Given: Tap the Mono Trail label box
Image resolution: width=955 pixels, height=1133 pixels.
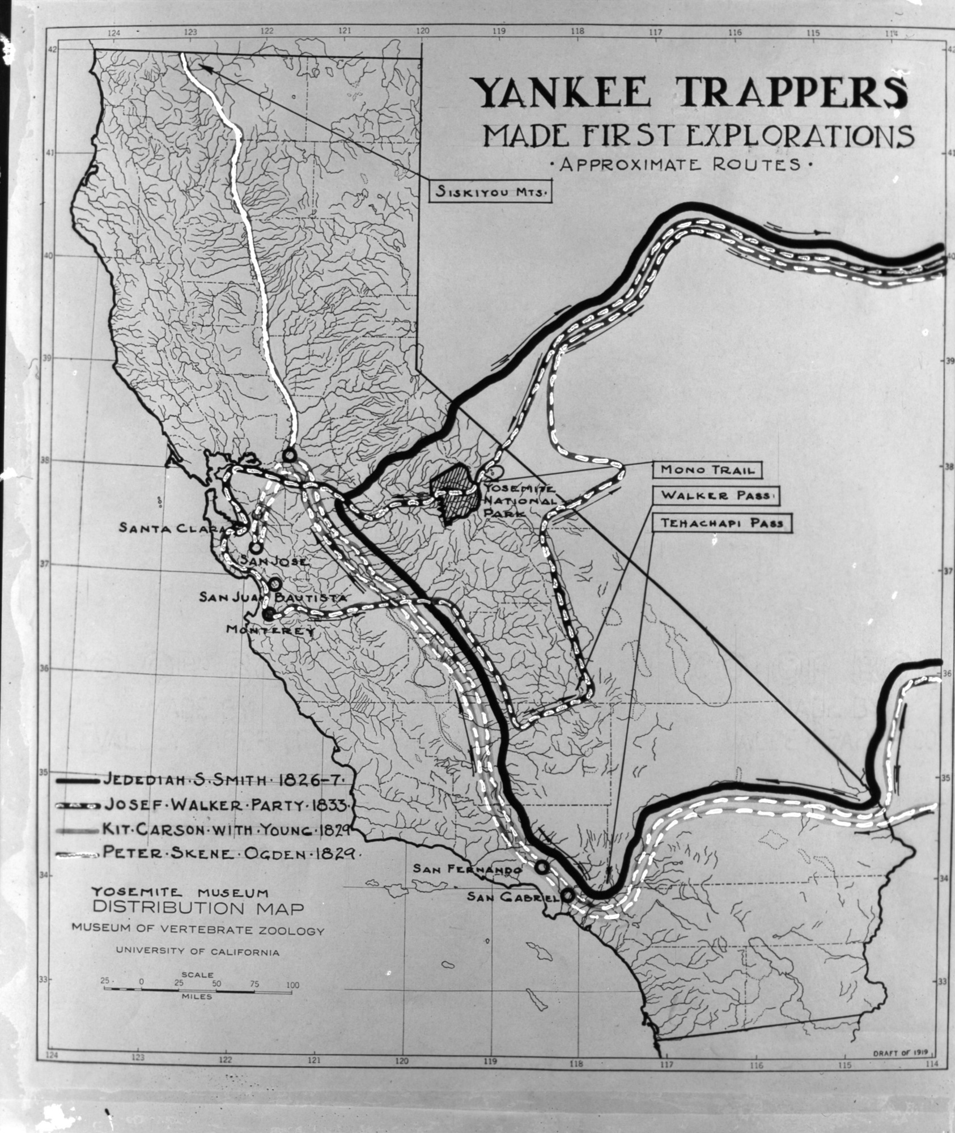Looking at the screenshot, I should point(708,469).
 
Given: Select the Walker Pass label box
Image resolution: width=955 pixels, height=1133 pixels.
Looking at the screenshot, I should point(716,496).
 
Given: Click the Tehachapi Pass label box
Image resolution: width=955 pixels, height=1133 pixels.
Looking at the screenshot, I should point(722,523).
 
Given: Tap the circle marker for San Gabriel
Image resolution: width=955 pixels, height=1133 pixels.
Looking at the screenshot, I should point(567,895).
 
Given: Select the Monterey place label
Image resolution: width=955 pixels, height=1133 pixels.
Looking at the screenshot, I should point(270,630).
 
